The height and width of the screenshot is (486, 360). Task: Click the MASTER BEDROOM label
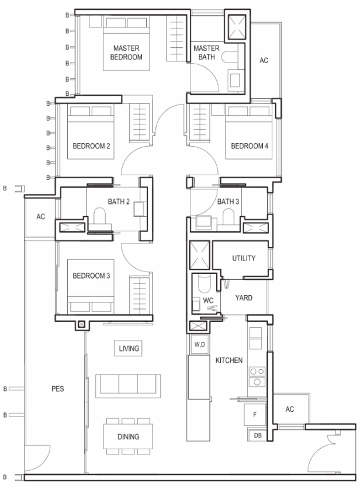pos(126,53)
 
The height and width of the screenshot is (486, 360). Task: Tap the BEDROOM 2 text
pos(91,146)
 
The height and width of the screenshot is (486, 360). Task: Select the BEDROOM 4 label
pos(250,146)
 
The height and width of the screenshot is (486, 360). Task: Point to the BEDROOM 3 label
pos(91,276)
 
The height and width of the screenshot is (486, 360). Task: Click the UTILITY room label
pos(244,258)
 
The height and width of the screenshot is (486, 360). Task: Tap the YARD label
pos(244,298)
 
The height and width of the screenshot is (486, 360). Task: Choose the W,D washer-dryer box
pos(200,345)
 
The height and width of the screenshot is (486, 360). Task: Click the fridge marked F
pos(255,414)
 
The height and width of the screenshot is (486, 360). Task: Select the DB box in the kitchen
pos(258,436)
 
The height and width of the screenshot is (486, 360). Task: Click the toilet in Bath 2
pos(99,216)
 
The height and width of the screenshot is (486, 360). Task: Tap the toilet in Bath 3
pos(229,216)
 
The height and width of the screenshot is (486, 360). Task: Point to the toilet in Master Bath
pos(230,57)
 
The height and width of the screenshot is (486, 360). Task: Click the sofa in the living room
pos(128,386)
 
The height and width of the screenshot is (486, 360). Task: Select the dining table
pos(128,436)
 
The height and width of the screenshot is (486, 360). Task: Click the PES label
pos(58,388)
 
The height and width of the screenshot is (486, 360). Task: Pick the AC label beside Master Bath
pos(264,60)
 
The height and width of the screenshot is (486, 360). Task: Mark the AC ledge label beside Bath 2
pos(41,217)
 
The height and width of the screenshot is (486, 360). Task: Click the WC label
pos(208,300)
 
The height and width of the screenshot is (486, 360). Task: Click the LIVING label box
pos(129,348)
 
